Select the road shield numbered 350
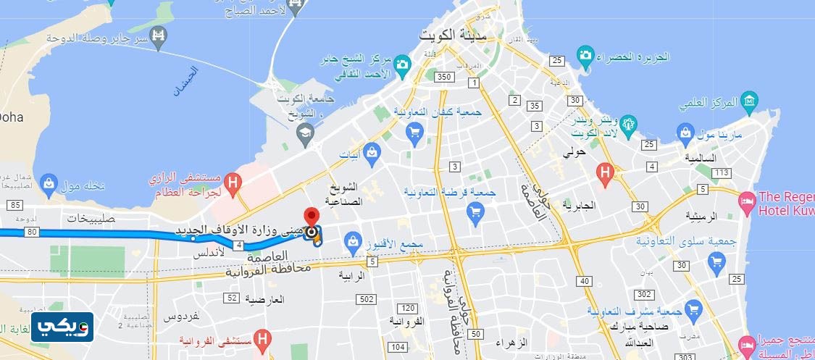(x=445, y=77)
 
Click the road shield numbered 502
(x=367, y=299)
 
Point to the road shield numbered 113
(x=721, y=173)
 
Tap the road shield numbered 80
(x=31, y=233)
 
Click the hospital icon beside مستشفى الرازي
(x=233, y=182)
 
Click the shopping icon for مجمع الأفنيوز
(x=353, y=240)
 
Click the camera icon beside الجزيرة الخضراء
(x=585, y=55)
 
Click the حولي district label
(x=575, y=153)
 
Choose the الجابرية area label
(x=577, y=205)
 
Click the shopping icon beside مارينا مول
(x=685, y=133)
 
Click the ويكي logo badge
(x=62, y=327)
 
